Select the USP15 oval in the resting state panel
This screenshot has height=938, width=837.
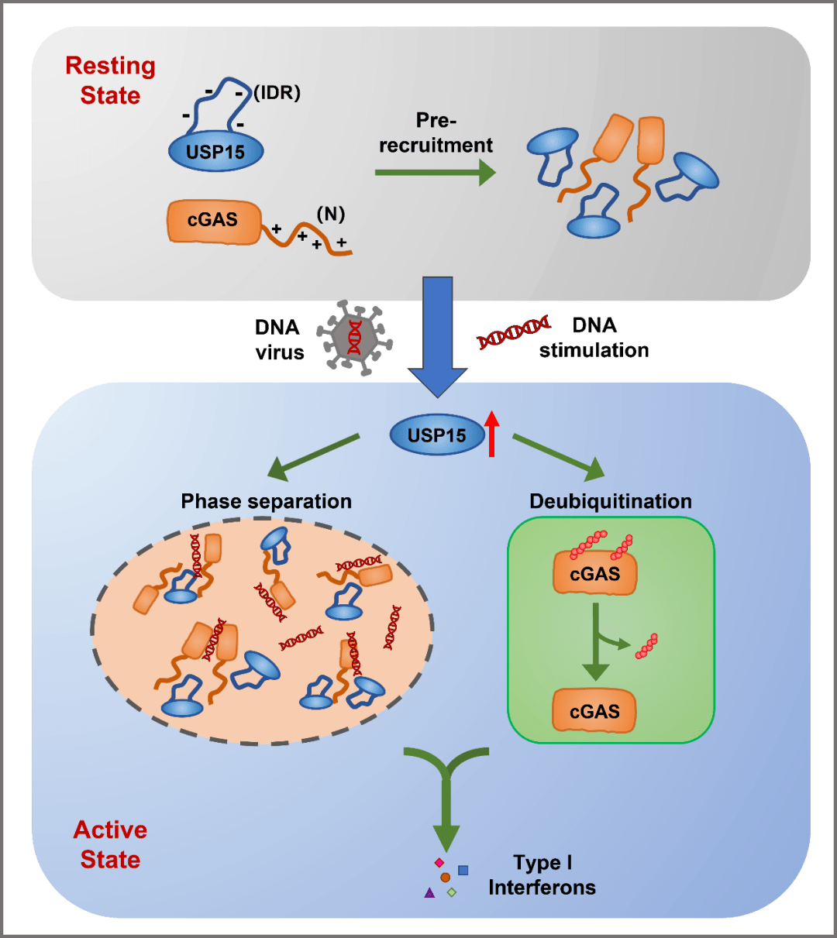point(215,151)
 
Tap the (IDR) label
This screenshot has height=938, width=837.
point(277,93)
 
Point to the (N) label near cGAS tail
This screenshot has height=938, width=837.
point(331,214)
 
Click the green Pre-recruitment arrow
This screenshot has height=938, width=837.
point(435,172)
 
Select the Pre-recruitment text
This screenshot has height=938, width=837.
point(436,132)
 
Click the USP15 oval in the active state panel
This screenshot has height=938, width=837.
point(438,435)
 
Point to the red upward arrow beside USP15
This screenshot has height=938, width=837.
point(491,433)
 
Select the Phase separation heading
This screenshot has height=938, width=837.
point(266,501)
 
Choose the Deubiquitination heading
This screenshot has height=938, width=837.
point(611,501)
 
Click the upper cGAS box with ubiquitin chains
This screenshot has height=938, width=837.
point(594,574)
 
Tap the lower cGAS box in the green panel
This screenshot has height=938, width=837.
point(594,711)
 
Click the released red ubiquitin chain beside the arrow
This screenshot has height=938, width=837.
point(646,647)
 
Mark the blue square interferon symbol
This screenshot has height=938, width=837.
point(463,870)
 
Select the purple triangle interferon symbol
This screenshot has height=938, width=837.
point(429,893)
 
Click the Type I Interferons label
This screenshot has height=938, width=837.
point(542,875)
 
